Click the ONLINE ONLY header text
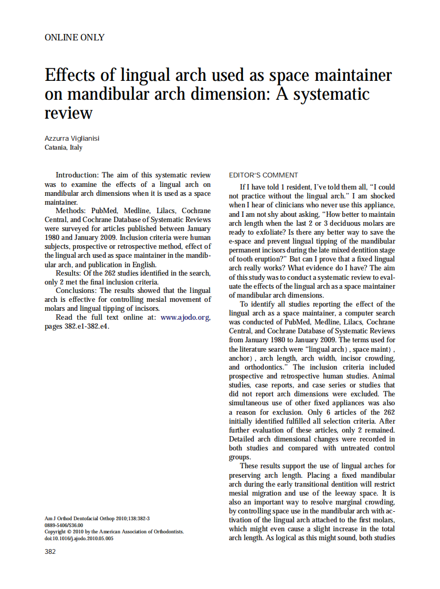pos(74,38)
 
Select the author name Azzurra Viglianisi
pos(72,139)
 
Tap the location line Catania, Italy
pos(64,148)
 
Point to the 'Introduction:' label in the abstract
pos(77,175)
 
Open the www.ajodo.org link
pos(185,318)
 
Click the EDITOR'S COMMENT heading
pos(264,175)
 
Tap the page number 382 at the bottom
pos(50,551)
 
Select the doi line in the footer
pos(79,538)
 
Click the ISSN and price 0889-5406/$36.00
pos(64,525)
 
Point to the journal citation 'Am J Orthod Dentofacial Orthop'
pos(79,519)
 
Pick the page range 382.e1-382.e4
pos(77,327)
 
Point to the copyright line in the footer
pos(114,532)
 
